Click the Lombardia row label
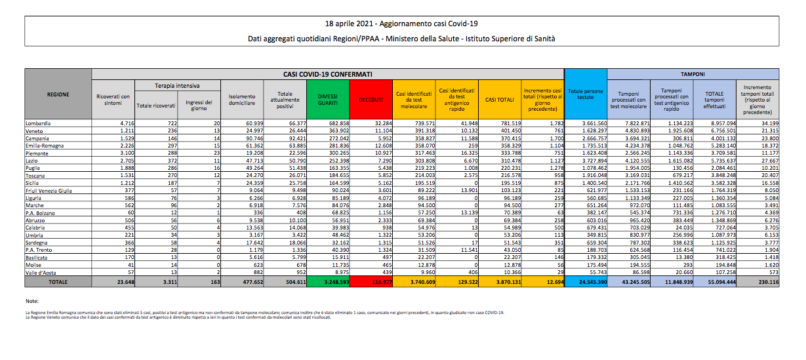38,123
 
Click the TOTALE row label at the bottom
58,282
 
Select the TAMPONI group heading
693,74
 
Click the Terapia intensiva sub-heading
177,86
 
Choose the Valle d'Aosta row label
41,271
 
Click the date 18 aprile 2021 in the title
358,24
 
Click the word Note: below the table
32,302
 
